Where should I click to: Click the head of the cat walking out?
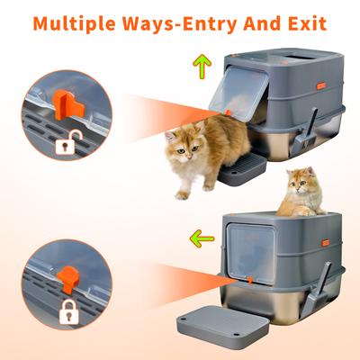[x=183, y=143]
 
